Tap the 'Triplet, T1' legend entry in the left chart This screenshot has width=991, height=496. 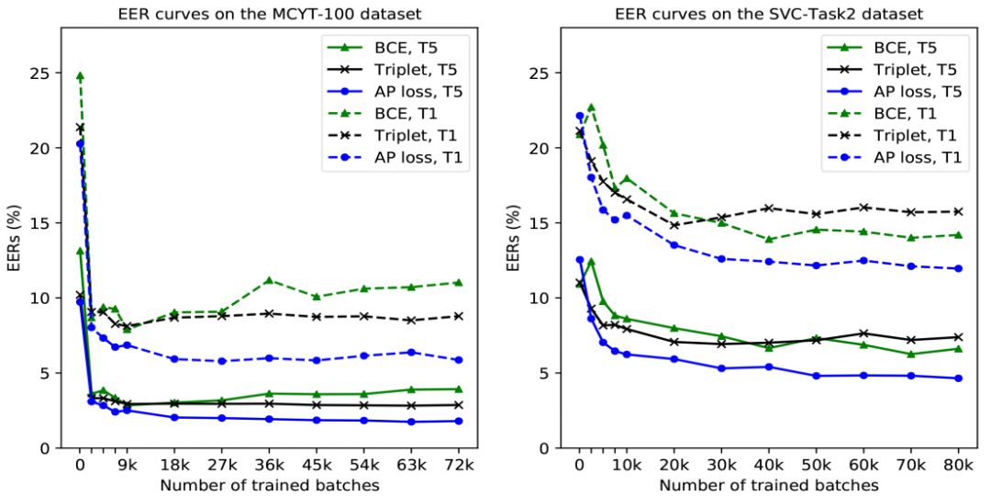(x=417, y=134)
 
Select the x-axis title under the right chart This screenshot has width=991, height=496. (x=768, y=485)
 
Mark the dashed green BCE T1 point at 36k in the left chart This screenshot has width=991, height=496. (x=268, y=280)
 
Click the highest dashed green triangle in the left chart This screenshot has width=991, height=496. (x=80, y=76)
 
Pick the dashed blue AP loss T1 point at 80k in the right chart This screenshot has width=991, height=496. (x=958, y=268)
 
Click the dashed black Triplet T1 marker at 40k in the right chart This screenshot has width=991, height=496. (x=768, y=208)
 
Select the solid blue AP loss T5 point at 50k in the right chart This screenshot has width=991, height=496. (x=816, y=376)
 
